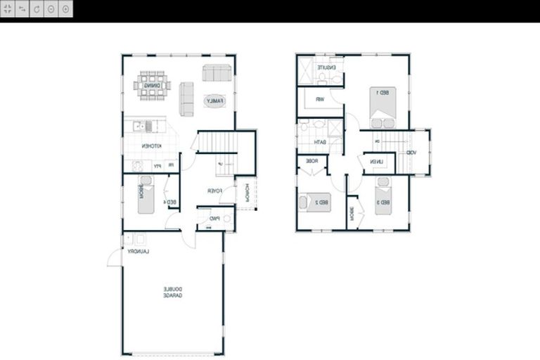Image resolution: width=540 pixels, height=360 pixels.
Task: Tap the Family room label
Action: [x=214, y=101]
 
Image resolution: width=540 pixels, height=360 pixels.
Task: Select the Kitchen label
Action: [x=151, y=146]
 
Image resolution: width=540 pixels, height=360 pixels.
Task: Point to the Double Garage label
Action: [x=173, y=292]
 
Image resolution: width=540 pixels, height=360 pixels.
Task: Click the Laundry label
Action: [x=140, y=251]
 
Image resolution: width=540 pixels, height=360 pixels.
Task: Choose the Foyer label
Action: [x=214, y=191]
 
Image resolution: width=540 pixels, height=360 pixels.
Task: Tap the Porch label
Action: [x=247, y=192]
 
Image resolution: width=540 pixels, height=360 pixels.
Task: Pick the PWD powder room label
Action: [x=215, y=219]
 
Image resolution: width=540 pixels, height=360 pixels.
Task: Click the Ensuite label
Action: [x=326, y=67]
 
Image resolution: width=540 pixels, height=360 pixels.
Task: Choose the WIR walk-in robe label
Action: [x=319, y=99]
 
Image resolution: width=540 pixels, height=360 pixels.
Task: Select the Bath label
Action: [x=320, y=143]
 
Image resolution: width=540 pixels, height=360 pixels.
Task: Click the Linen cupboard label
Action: [x=378, y=163]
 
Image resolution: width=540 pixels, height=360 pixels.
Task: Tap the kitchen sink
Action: [x=144, y=127]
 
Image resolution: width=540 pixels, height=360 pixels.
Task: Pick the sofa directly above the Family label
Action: [x=217, y=73]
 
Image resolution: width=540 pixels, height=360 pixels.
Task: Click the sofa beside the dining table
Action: [x=186, y=98]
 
